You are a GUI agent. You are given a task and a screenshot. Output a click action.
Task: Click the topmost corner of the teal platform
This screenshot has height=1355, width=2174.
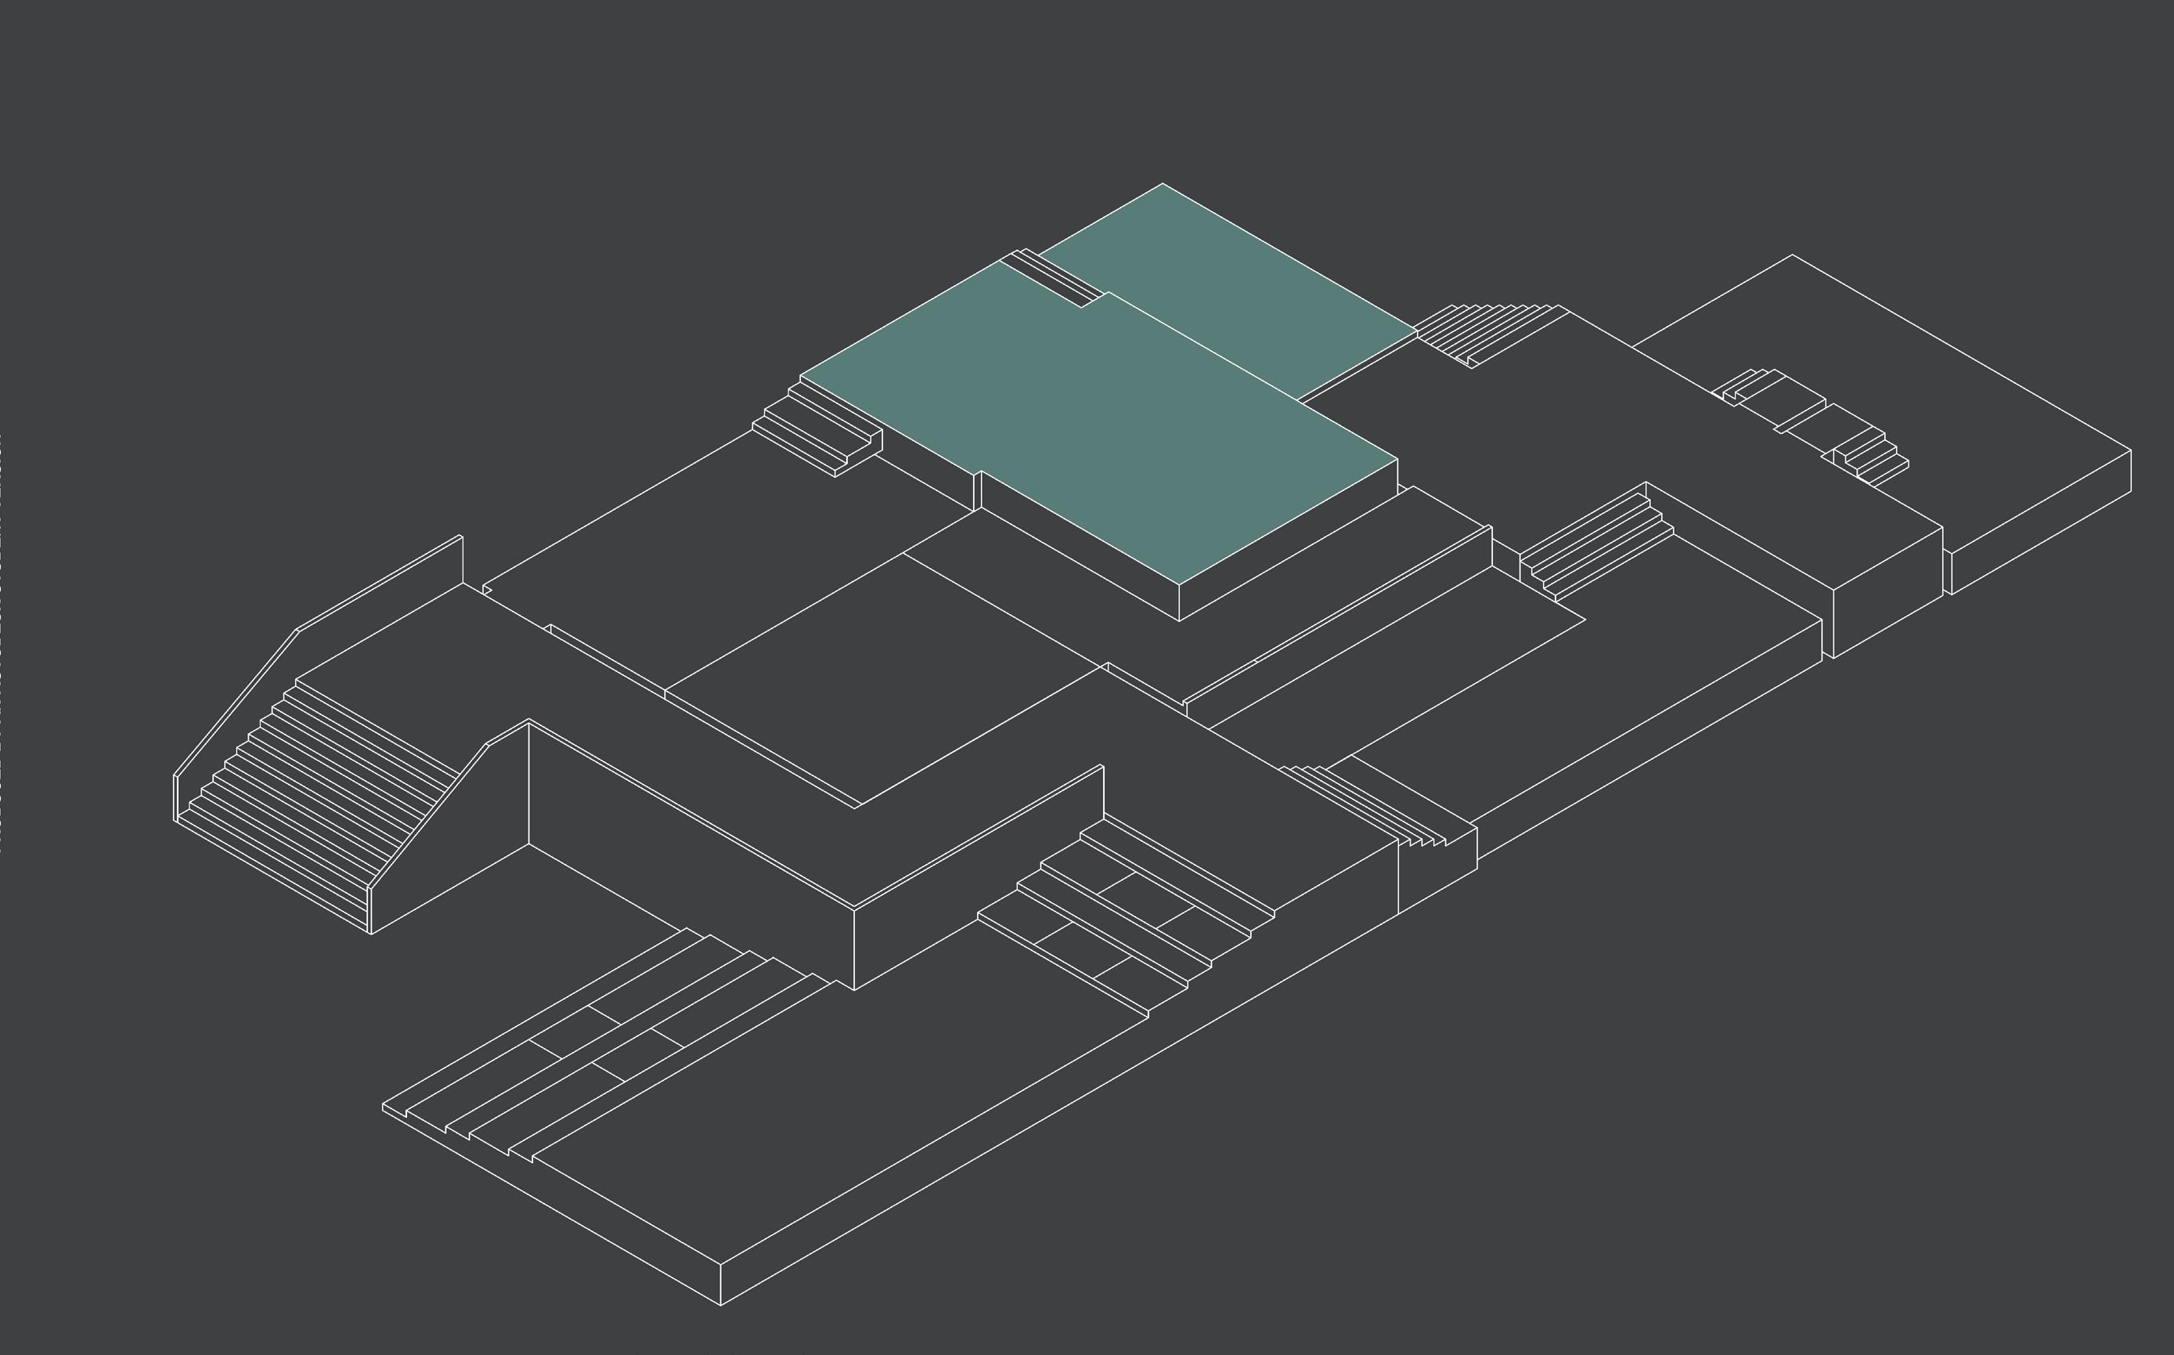1163,185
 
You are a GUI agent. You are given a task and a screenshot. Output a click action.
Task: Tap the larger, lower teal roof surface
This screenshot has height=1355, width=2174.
1119,430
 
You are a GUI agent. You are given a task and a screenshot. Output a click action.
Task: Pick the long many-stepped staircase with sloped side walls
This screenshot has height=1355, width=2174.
313,797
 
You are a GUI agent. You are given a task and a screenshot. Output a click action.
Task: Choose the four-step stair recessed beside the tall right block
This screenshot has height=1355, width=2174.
1595,547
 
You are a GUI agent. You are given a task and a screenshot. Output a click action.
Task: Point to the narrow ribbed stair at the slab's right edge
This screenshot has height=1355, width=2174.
1371,807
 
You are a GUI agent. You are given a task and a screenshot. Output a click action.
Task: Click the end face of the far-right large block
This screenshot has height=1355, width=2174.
2042,520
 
